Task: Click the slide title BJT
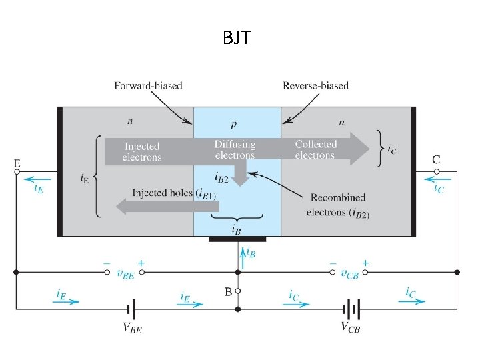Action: tap(237, 39)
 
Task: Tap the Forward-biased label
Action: tap(148, 85)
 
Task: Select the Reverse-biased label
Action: tap(315, 85)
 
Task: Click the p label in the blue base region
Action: tap(233, 124)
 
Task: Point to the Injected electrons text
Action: tap(142, 151)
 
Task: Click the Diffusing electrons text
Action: tap(235, 150)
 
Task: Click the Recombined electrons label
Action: tap(338, 205)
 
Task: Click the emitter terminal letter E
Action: tap(17, 163)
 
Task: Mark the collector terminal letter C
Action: tap(436, 159)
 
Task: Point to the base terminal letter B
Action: tap(228, 291)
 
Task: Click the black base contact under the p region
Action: tap(237, 239)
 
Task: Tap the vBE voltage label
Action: tap(124, 273)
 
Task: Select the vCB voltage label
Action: tap(348, 273)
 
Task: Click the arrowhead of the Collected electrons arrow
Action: tap(361, 147)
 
